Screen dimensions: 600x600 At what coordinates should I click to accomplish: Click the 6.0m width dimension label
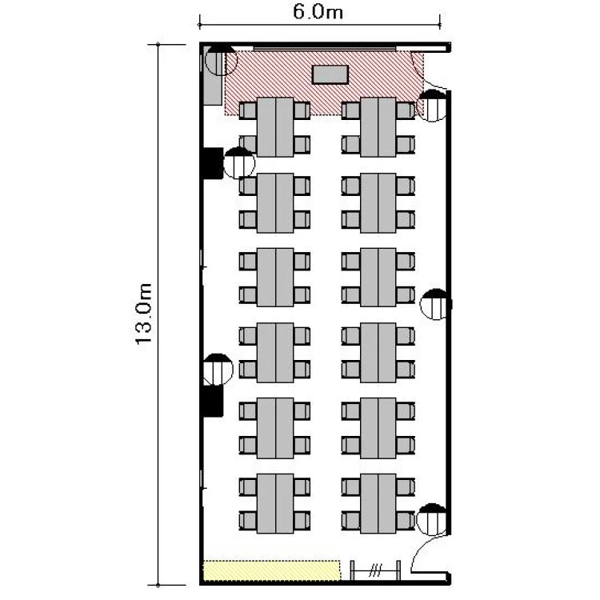pos(318,11)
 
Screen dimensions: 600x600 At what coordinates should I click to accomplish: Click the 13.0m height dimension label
pos(144,314)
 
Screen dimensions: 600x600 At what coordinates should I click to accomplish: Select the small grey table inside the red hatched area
pos(330,74)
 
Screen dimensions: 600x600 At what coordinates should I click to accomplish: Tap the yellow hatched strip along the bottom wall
pos(271,570)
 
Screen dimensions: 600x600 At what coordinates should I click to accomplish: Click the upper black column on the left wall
pos(213,163)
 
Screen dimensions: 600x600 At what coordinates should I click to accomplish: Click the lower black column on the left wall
pos(213,401)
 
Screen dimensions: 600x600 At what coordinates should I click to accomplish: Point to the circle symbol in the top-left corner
pos(221,60)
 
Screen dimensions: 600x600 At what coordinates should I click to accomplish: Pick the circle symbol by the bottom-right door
pos(431,519)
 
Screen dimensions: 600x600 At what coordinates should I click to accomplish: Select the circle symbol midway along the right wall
pos(435,305)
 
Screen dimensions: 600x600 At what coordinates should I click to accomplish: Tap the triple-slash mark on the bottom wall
pos(375,570)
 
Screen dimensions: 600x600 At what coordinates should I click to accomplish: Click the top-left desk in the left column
pos(275,127)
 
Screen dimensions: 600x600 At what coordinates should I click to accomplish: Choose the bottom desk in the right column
pos(378,503)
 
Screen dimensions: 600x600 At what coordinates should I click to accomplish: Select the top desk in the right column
pos(378,127)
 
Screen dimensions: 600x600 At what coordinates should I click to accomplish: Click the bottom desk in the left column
pos(275,503)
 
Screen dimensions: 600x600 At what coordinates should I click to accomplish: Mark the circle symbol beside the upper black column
pos(238,162)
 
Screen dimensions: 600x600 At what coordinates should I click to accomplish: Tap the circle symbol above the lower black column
pos(218,370)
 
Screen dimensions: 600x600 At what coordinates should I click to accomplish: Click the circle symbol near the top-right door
pos(432,106)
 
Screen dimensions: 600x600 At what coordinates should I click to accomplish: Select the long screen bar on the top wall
pos(325,49)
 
